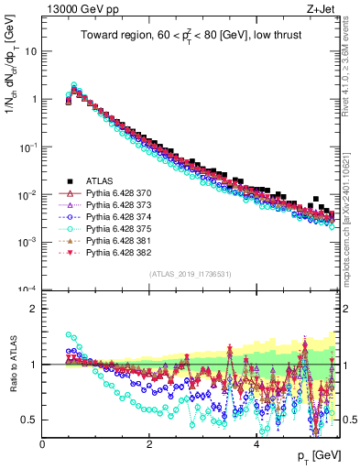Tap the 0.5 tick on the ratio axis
[x=30, y=420]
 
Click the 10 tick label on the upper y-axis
[x=31, y=51]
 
